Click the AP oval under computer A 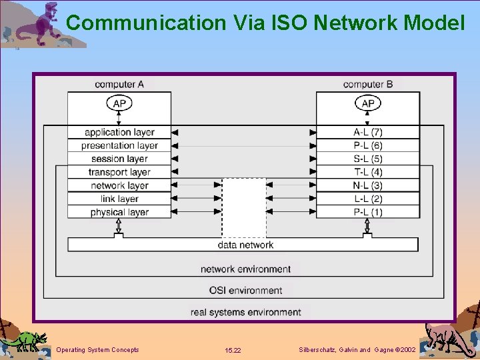point(119,103)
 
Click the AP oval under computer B point(368,103)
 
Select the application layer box point(119,132)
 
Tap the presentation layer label point(119,145)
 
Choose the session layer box point(119,159)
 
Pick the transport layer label point(119,172)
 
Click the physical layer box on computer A point(119,212)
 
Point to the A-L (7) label point(368,132)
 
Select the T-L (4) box point(368,172)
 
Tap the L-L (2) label point(368,199)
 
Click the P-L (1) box point(368,212)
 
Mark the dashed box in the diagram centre point(244,207)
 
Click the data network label point(245,245)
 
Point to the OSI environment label point(245,290)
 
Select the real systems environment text point(245,311)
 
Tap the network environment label point(245,269)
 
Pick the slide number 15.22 point(233,350)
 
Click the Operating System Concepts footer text point(98,350)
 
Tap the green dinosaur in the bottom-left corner point(24,340)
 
